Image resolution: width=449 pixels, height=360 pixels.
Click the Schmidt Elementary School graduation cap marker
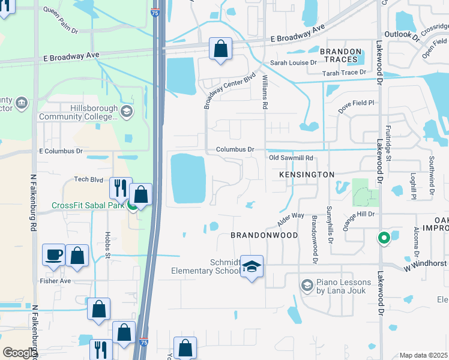coord(253,266)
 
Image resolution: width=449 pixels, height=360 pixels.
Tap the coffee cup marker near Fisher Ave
coord(53,254)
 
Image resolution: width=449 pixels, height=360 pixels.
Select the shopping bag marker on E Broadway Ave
coord(220,49)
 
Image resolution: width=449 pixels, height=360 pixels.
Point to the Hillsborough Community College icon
coord(127,111)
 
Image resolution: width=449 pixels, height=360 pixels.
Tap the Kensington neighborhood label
coord(306,174)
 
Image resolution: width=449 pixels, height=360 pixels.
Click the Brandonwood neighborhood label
coord(264,235)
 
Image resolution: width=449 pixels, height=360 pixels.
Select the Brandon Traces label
coord(341,56)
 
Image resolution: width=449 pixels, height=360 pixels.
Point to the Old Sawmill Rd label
coord(291,158)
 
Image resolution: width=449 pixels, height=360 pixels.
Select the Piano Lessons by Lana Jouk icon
coord(307,283)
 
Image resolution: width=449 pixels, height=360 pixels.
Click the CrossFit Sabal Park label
coord(87,205)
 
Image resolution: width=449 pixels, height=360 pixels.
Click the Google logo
coord(19,353)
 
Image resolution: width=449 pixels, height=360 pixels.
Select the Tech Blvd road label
coord(89,179)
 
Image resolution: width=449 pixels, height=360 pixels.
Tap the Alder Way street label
coord(291,220)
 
